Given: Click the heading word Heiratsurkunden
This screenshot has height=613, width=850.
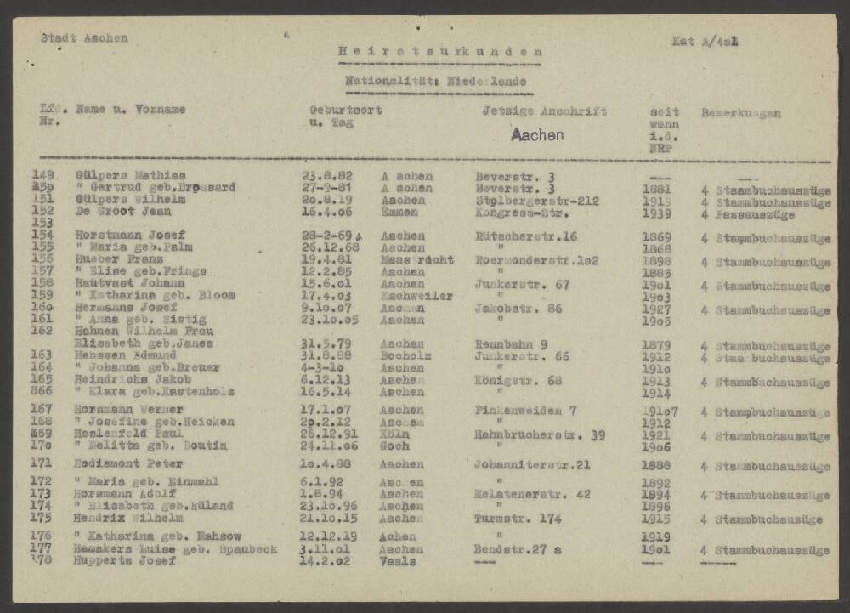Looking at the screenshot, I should (x=439, y=53).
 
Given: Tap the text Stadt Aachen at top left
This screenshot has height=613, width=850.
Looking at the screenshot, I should (x=84, y=38).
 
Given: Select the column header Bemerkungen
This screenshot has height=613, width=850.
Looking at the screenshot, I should (x=740, y=113).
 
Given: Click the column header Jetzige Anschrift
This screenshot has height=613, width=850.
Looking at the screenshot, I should (x=544, y=111).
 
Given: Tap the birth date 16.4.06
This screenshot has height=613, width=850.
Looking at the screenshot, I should (x=326, y=213).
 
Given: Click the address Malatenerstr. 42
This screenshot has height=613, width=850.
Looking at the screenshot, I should (x=532, y=494).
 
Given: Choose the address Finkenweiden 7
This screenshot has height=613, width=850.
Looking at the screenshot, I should (x=525, y=410).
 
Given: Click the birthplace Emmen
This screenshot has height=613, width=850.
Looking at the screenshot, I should (x=399, y=213).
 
